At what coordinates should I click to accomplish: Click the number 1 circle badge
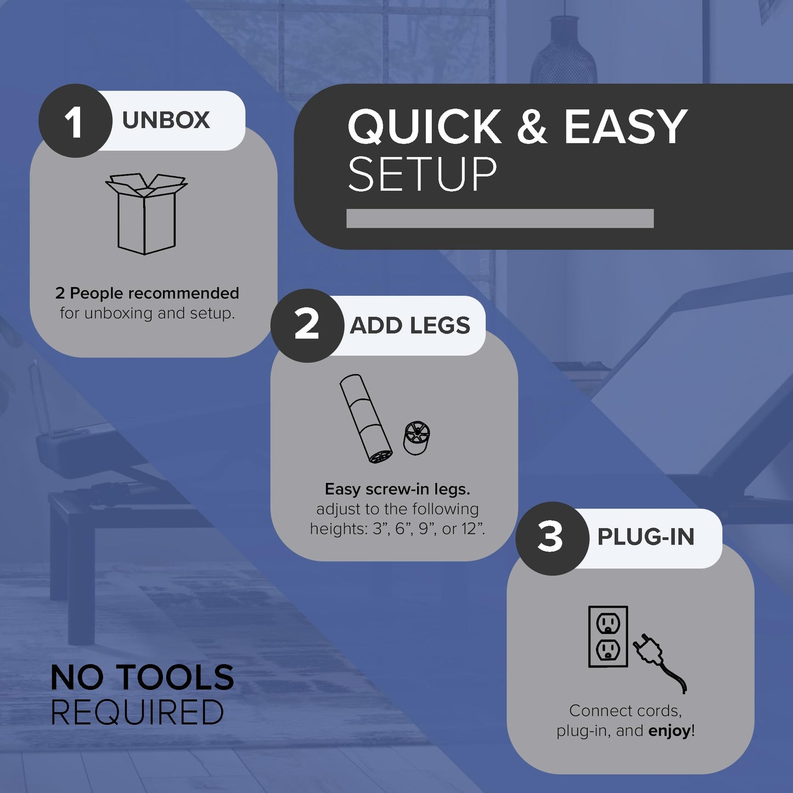pos(75,121)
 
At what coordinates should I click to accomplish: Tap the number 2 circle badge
pos(307,325)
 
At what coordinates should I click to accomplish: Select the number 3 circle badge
pos(552,538)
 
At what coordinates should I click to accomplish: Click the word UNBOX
pos(166,120)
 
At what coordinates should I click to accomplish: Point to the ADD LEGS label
pos(410,325)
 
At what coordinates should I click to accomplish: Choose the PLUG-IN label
pos(646,537)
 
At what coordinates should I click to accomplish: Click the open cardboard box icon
pos(146,213)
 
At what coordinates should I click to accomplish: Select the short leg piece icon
pos(417,438)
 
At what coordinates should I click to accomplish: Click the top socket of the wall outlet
pos(608,623)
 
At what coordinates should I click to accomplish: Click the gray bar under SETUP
pos(500,218)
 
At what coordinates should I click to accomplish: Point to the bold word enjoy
pos(670,731)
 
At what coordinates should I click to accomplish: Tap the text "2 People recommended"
pos(147,294)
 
